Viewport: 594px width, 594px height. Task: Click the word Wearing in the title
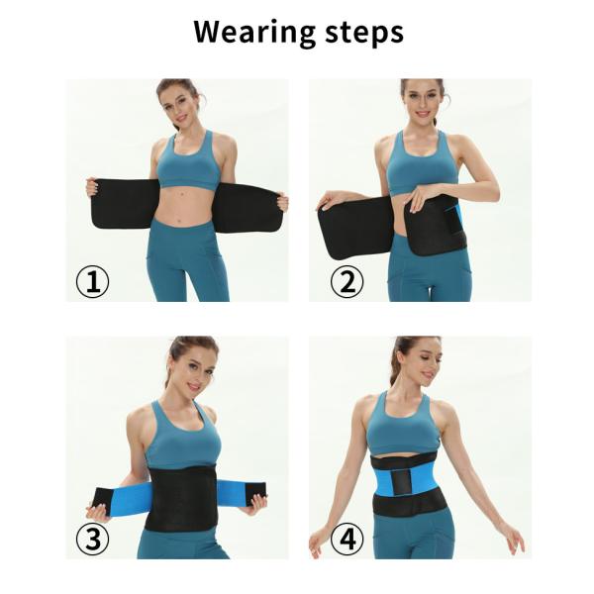point(254,34)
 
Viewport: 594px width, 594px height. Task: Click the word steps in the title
point(364,34)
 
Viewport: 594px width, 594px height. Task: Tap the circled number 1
point(92,281)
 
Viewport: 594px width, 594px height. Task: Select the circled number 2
point(347,281)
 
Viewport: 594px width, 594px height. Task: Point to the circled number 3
point(92,539)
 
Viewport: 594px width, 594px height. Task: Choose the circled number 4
point(347,539)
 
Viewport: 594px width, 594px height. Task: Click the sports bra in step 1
point(189,163)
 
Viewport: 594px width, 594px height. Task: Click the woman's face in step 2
point(423,99)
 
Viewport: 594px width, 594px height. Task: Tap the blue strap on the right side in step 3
point(232,491)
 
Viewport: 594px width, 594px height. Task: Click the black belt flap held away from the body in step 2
point(355,228)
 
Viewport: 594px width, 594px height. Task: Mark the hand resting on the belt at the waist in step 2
point(423,198)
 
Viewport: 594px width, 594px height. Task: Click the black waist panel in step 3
point(182,498)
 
